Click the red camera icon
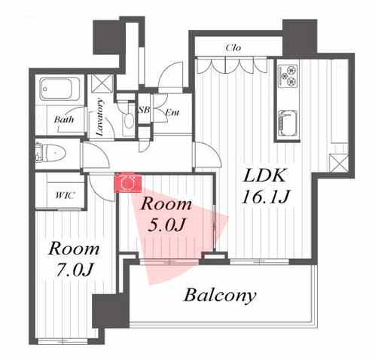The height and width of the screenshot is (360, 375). (128, 182)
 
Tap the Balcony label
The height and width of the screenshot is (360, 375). (220, 295)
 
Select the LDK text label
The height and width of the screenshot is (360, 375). (265, 175)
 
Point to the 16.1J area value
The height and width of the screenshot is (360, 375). (266, 197)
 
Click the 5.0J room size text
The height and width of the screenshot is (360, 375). (166, 224)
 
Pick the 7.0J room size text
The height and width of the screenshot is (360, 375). (75, 270)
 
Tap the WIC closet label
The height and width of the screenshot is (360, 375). (65, 195)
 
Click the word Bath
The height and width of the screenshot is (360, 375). (64, 119)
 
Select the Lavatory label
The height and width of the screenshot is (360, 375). (100, 117)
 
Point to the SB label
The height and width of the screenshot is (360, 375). (144, 110)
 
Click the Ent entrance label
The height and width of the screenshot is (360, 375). (172, 112)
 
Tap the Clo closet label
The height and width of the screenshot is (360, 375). (233, 47)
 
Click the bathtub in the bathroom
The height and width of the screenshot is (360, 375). (59, 89)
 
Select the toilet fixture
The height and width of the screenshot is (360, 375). (51, 153)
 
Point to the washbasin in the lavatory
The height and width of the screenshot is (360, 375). (130, 121)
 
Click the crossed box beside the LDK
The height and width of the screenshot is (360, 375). (339, 163)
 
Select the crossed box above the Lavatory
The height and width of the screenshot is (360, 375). (102, 84)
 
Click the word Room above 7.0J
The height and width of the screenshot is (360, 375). (74, 249)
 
